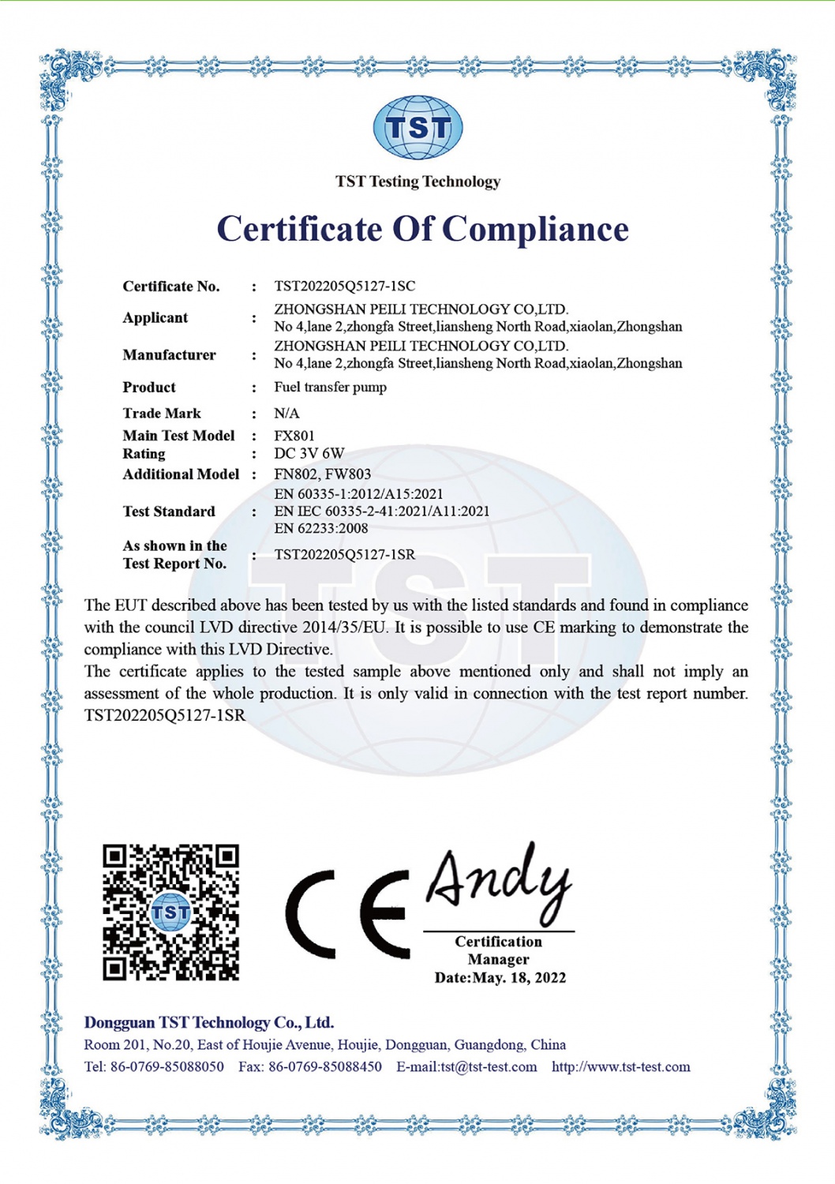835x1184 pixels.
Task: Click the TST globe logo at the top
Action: (x=417, y=127)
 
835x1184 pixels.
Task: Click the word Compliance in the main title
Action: (x=535, y=229)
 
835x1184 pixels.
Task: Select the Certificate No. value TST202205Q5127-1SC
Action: (x=344, y=286)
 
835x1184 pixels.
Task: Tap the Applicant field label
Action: (x=155, y=317)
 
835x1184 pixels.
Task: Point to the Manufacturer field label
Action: (x=169, y=354)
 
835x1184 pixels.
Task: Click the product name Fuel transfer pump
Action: (x=330, y=387)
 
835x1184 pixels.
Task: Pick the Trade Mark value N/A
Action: (x=286, y=413)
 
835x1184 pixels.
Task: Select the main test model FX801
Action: (x=294, y=435)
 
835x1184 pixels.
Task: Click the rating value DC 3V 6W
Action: (x=309, y=453)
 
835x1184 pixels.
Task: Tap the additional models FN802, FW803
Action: (x=322, y=474)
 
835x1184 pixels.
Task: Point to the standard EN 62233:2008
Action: (x=321, y=528)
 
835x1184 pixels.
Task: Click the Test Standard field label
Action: (x=169, y=511)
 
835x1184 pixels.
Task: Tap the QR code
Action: (x=171, y=912)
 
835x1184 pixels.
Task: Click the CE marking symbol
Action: (x=347, y=915)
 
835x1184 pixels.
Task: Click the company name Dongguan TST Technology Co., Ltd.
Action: (x=209, y=1022)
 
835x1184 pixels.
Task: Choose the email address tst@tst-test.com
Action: (x=489, y=1066)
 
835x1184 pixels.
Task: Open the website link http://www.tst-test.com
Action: (x=620, y=1066)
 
